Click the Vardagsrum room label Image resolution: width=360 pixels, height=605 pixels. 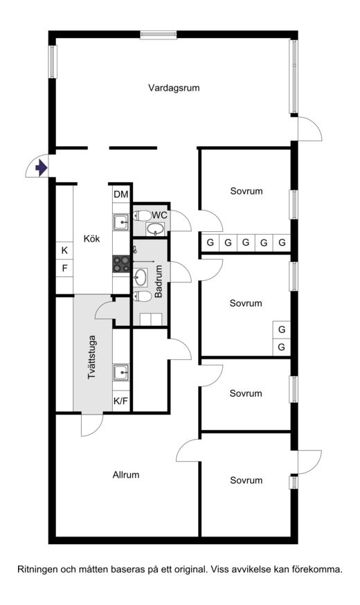point(174,88)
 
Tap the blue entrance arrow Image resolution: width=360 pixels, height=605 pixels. point(42,168)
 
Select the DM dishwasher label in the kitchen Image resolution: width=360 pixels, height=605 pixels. point(120,195)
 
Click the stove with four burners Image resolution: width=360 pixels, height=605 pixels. point(120,264)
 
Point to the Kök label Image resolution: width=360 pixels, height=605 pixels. point(91,238)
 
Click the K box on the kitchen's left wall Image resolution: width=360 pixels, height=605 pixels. point(64,251)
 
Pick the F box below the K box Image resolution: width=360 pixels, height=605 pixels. point(64,268)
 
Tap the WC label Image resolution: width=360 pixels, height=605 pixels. point(160,215)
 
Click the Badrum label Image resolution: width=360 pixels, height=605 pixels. point(159,280)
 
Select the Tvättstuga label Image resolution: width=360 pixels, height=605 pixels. point(91,357)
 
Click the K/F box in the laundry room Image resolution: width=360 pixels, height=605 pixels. point(120,401)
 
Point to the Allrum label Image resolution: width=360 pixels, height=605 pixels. point(126,475)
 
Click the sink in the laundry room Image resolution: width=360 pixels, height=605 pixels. point(121,372)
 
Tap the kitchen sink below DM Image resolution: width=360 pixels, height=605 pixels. point(121,222)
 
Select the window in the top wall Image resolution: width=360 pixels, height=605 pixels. point(159,35)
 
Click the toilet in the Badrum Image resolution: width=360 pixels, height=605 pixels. point(142,296)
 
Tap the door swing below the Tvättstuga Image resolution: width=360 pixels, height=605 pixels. point(92,425)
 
